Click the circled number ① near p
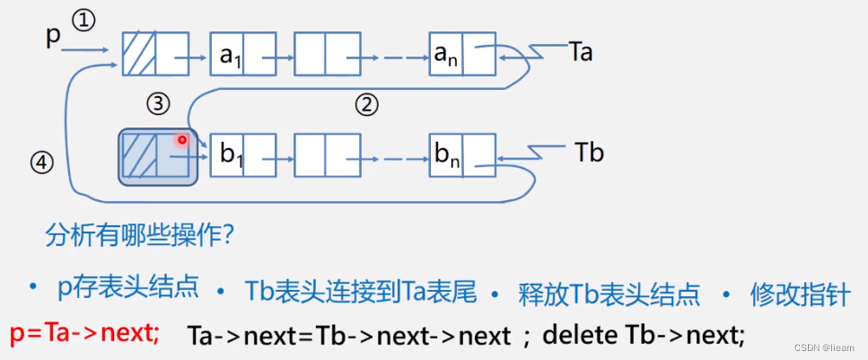(83, 21)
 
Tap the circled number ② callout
(365, 106)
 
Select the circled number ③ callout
(159, 104)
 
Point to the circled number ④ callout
(41, 162)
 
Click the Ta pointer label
(580, 53)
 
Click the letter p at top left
(53, 37)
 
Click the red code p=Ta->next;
(85, 334)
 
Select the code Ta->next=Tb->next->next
(349, 336)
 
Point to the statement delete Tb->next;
(644, 336)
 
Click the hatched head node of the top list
(139, 56)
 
